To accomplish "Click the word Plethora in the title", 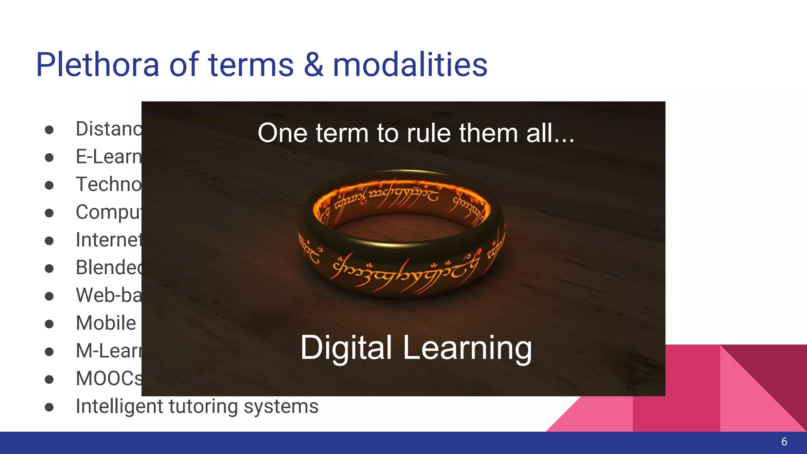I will (x=97, y=65).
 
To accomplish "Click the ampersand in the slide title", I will (x=313, y=65).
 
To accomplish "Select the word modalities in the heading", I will (x=410, y=65).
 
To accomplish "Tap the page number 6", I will (x=784, y=442).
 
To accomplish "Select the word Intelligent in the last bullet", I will (x=117, y=406).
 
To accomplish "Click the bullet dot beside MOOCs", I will (x=49, y=380).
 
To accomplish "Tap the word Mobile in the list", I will (x=106, y=323).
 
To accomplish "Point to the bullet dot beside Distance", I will (x=49, y=130).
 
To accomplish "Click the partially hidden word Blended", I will (x=108, y=268).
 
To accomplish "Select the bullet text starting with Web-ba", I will (x=108, y=295).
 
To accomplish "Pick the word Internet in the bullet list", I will (x=108, y=240).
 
